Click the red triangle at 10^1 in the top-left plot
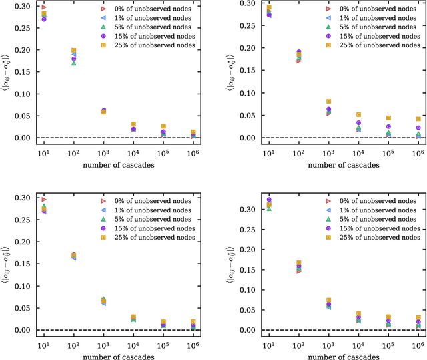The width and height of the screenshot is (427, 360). tap(44, 7)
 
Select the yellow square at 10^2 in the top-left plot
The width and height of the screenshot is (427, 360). tap(74, 51)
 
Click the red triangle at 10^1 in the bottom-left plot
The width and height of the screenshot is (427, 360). tap(44, 200)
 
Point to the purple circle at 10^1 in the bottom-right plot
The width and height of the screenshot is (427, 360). tap(269, 200)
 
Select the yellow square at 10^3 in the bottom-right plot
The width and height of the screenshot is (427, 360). tap(328, 301)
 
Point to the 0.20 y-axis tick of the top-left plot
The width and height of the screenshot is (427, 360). tap(23, 50)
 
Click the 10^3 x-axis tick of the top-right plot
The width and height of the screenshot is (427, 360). tap(328, 152)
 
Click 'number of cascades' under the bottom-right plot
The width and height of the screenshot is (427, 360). tap(344, 355)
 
